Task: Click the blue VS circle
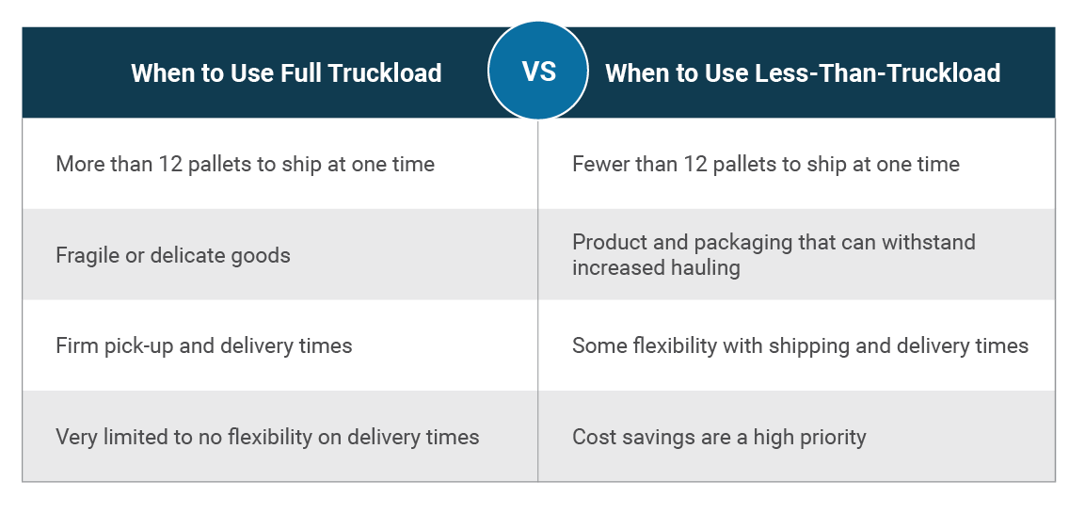tap(538, 71)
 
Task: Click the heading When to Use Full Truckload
tap(286, 72)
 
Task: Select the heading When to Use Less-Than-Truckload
tap(803, 72)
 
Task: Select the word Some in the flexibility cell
tap(599, 345)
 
